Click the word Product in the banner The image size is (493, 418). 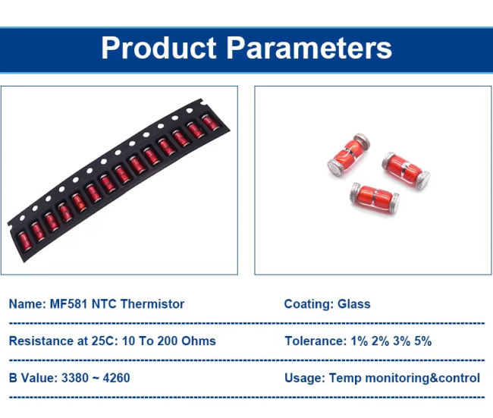coord(159,48)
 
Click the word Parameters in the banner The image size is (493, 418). coord(309,48)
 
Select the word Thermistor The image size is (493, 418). coord(152,304)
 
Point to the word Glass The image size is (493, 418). coord(353,304)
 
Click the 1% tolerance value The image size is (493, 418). coord(359,341)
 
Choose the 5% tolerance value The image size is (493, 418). coord(422,341)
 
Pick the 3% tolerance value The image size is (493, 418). coord(401,341)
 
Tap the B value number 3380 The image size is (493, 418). coord(75,378)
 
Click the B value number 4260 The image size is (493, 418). coord(116,378)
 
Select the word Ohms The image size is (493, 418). coord(199,341)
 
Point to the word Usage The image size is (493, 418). coord(304,378)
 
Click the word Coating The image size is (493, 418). coord(309,304)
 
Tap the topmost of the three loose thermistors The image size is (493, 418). coord(348,154)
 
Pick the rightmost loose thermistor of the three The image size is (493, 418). coord(406,170)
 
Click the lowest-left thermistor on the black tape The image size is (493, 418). coord(24,240)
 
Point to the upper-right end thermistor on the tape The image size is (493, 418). coord(211,123)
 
